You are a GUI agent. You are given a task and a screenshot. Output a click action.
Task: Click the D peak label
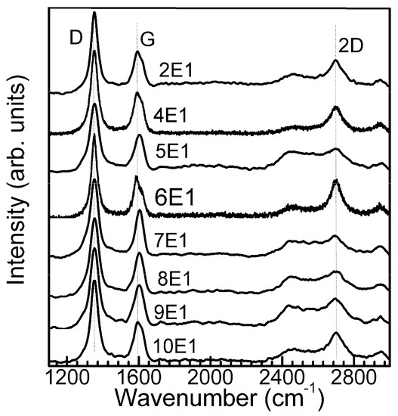76,36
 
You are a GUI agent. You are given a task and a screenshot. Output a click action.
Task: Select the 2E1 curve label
177,76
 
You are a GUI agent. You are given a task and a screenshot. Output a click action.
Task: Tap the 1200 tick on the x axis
66,374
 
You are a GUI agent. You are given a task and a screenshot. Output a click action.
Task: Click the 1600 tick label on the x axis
137,374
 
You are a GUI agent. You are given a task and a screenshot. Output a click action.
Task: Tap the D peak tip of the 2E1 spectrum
94,13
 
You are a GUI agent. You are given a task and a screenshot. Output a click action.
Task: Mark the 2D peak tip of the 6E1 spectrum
335,181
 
